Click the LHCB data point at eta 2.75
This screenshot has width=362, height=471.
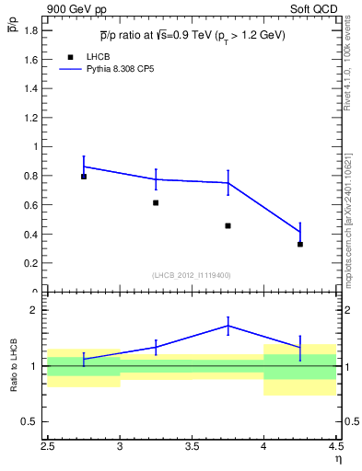pos(84,177)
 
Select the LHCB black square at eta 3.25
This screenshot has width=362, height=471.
pos(156,202)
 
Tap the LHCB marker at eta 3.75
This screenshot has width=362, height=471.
pos(228,225)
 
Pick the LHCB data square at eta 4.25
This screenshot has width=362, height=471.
pos(300,244)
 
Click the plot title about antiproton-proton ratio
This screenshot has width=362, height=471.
pos(193,36)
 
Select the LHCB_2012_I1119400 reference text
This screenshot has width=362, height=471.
pos(192,275)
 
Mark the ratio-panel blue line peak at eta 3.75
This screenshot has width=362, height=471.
pos(228,326)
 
